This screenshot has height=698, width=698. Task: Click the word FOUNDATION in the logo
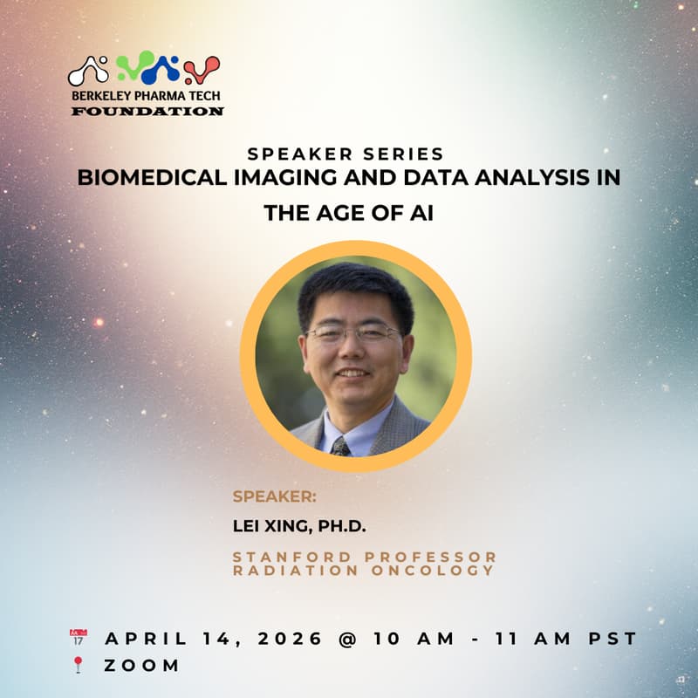[147, 112]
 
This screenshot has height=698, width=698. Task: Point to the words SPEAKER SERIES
[346, 154]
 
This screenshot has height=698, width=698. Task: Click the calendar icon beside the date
[79, 637]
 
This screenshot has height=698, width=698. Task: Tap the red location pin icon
[79, 666]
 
